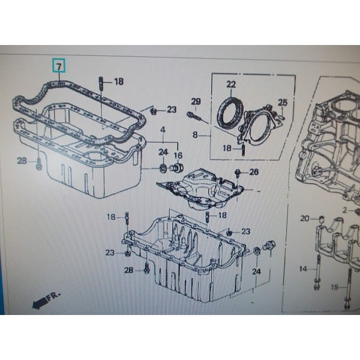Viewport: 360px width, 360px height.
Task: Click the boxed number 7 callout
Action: coord(58,63)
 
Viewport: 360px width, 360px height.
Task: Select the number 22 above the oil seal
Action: coord(231,84)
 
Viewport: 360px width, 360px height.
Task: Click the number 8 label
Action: coord(194,136)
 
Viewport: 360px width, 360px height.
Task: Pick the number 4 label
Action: coord(162,130)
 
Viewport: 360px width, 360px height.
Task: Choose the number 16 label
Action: coord(178,156)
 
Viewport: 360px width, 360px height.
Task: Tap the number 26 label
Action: coord(254,172)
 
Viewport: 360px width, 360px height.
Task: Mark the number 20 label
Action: coord(304,218)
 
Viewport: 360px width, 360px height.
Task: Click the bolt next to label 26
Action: coord(239,174)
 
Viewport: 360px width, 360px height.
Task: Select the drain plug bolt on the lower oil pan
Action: coord(269,246)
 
